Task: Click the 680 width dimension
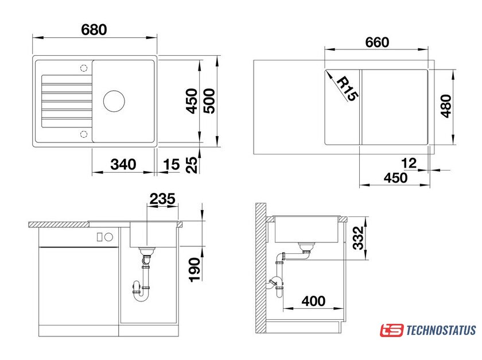point(94,30)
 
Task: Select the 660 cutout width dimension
point(377,42)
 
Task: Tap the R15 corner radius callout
point(347,89)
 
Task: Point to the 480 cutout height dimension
point(446,106)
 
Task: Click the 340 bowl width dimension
point(123,164)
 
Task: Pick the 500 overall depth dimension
point(209,101)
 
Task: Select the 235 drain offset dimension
point(162,199)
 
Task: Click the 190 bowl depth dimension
point(195,270)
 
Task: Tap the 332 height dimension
point(358,238)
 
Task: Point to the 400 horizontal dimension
point(313,301)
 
